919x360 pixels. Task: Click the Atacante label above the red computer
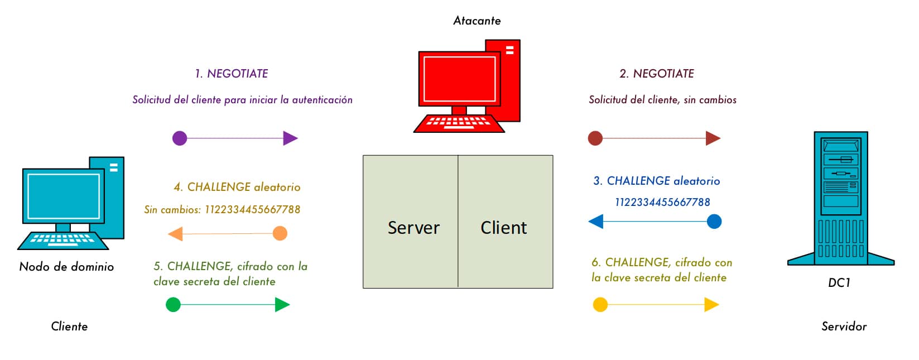[477, 21]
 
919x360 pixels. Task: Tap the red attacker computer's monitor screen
[459, 79]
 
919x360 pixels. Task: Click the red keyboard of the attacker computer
[459, 123]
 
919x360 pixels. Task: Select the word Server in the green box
[413, 228]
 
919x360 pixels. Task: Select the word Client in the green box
[503, 228]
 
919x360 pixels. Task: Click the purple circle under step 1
[180, 138]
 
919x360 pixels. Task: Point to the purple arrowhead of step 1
[290, 138]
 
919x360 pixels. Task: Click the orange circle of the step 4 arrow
[280, 233]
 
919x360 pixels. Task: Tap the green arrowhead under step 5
[282, 305]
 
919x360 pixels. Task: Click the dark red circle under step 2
[595, 138]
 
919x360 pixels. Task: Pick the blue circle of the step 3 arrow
[714, 222]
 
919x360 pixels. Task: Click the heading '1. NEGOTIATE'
[231, 74]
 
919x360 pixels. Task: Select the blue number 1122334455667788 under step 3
[662, 202]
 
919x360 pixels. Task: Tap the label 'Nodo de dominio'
[66, 267]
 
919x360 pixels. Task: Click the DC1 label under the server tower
[839, 283]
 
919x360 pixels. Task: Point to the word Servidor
[844, 327]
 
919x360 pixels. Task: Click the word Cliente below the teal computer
[69, 327]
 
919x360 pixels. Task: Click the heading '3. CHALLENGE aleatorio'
[656, 181]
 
